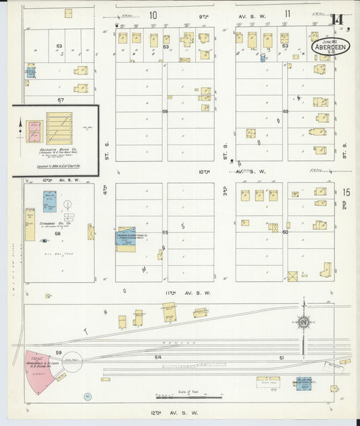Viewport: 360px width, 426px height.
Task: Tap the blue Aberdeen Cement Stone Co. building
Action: [x=126, y=240]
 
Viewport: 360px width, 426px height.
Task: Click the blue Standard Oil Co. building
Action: [x=50, y=201]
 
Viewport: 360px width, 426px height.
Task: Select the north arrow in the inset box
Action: [x=20, y=124]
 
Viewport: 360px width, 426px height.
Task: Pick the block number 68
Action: [x=58, y=234]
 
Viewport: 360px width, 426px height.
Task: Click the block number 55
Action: [x=164, y=232]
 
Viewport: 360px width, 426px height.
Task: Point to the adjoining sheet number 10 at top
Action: [x=153, y=14]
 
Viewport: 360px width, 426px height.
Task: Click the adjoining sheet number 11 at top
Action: [x=287, y=14]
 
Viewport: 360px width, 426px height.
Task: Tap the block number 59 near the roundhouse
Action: [x=59, y=352]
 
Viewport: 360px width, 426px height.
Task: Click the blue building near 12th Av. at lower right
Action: [x=304, y=383]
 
